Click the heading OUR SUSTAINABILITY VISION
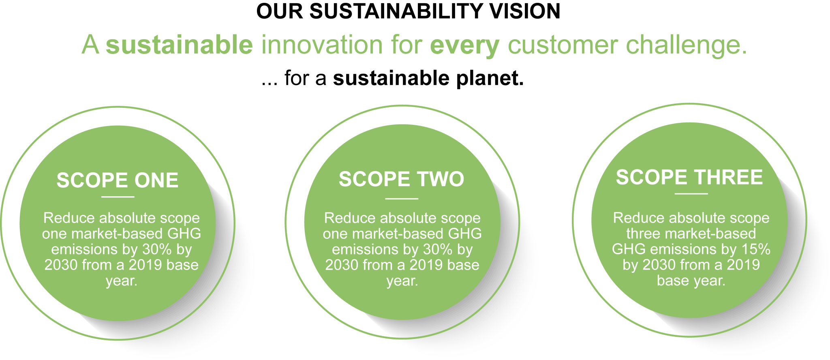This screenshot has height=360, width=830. point(409,11)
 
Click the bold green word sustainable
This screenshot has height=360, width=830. point(179,45)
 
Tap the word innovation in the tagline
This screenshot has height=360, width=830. point(322,45)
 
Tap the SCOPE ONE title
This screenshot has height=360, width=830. point(118,180)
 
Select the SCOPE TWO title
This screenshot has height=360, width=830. point(401,179)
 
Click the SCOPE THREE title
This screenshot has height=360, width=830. point(689,177)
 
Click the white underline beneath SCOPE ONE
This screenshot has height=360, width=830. point(118,197)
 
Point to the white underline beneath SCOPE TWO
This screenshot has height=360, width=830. point(402,199)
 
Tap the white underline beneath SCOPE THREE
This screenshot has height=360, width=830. point(691,194)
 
